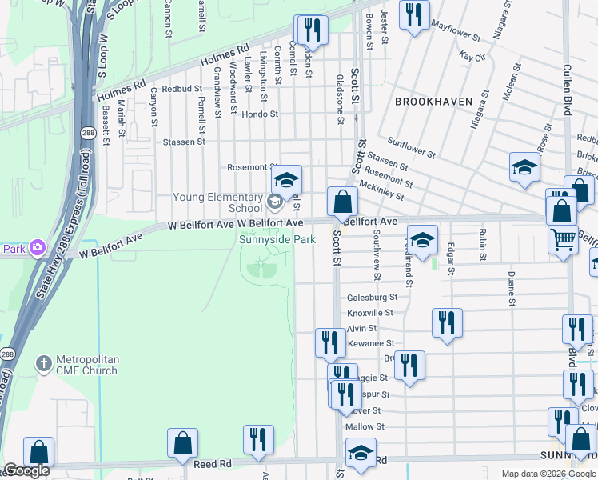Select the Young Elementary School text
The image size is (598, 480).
point(219,202)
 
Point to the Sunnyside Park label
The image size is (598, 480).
point(277,239)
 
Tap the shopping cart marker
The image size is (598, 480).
point(564,239)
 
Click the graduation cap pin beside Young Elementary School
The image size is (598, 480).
point(286,180)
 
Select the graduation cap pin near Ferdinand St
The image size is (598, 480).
point(422,238)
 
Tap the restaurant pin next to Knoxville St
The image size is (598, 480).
point(448,322)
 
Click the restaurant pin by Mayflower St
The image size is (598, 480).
point(414,15)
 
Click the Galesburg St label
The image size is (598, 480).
point(372,297)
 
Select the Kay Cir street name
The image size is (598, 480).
point(473,56)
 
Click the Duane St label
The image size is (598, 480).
point(510,289)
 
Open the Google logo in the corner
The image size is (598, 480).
point(26,470)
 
